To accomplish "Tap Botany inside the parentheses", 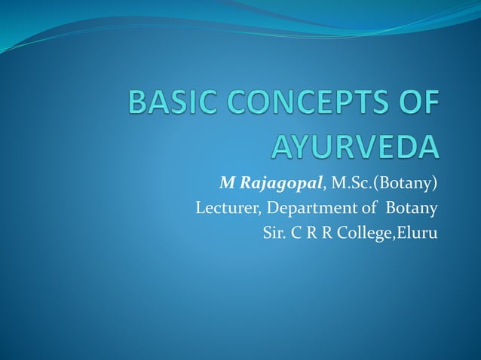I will tap(408, 182).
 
